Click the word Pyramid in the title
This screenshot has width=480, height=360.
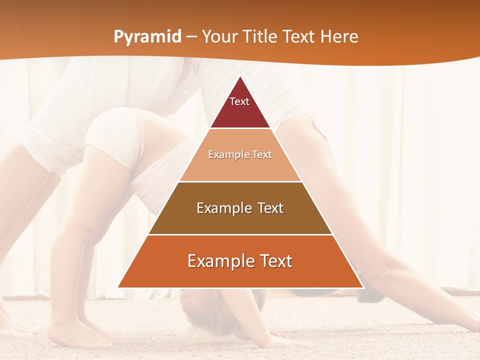pyautogui.click(x=147, y=37)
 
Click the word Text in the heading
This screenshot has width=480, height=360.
pyautogui.click(x=299, y=37)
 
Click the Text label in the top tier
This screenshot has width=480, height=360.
pyautogui.click(x=239, y=101)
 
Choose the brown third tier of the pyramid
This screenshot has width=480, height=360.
pyautogui.click(x=240, y=220)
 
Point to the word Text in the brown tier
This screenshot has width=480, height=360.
pyautogui.click(x=270, y=208)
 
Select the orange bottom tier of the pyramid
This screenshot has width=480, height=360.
pyautogui.click(x=240, y=275)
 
